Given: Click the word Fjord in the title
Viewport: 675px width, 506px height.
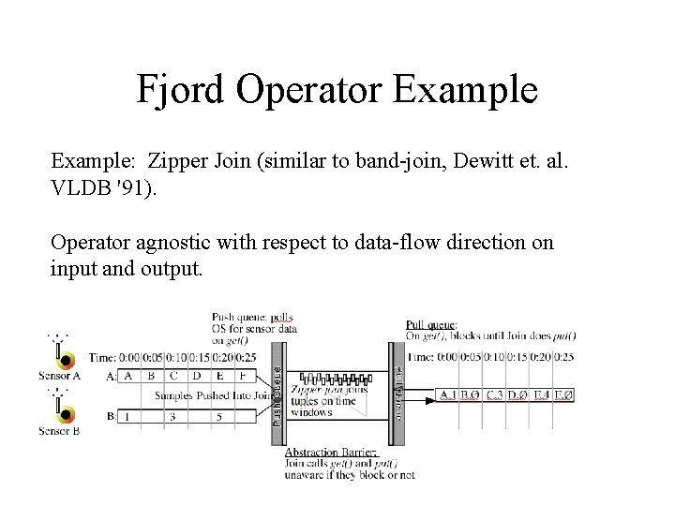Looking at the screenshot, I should click(180, 90).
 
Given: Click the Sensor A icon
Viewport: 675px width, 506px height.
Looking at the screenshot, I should click(64, 359).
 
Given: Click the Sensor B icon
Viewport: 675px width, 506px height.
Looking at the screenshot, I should click(64, 410).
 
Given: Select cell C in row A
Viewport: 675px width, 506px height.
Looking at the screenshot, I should click(173, 375).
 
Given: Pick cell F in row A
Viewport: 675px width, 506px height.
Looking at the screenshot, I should click(242, 375).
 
